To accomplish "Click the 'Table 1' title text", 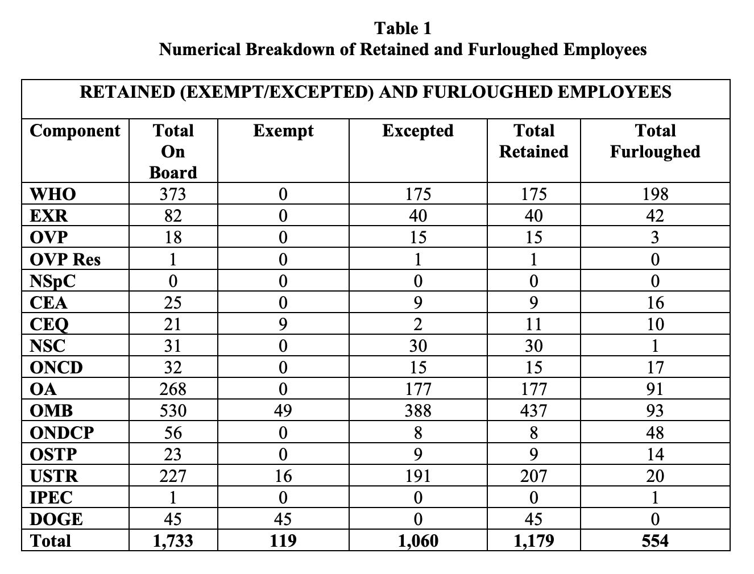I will (x=403, y=28).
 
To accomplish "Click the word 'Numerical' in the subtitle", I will (x=199, y=49).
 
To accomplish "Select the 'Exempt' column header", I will (x=283, y=131).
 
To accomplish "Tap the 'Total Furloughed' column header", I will (x=654, y=141).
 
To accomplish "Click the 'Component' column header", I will (x=75, y=131).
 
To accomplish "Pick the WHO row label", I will (x=53, y=194).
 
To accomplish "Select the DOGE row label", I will (x=56, y=519).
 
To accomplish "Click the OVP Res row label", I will (x=65, y=260).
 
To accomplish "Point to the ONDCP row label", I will (x=62, y=433).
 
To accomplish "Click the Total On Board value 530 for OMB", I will (x=173, y=411).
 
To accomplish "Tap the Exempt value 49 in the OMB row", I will (x=283, y=411).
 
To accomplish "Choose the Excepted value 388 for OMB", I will (x=418, y=411).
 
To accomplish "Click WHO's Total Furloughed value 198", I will (x=655, y=194).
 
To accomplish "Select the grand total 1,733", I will (x=173, y=540).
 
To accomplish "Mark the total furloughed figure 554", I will (x=655, y=540).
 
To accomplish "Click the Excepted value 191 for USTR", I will (x=418, y=476).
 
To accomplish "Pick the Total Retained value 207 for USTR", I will (x=533, y=476).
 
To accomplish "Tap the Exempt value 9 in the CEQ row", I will (x=283, y=325).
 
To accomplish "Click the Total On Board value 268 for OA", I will (x=173, y=389).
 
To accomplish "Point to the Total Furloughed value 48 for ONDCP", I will (x=655, y=433).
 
